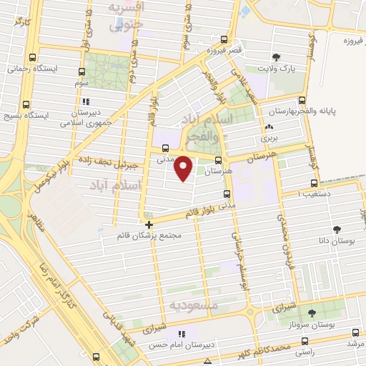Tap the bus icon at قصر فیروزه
point(224,40)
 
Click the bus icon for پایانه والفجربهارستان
point(302,101)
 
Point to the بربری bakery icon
point(269,127)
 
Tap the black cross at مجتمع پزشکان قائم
point(149,225)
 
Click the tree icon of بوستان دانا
point(336,229)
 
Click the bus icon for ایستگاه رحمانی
point(31,59)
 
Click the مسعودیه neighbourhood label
point(194,305)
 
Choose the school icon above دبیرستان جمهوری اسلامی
point(86,102)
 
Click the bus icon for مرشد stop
point(357,332)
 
